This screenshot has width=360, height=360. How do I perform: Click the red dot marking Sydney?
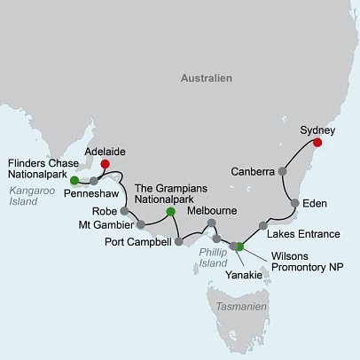pos(317,143)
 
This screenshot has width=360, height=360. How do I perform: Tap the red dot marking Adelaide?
pos(105,164)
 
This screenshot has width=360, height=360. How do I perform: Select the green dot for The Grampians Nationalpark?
pos(171,211)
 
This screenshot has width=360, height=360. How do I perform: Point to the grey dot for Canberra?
pos(282,170)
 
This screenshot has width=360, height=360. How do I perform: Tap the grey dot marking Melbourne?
pos(211,223)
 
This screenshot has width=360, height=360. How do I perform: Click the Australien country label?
pos(207,79)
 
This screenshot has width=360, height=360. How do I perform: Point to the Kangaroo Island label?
pos(26,194)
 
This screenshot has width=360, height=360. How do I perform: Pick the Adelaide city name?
pos(105,151)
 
